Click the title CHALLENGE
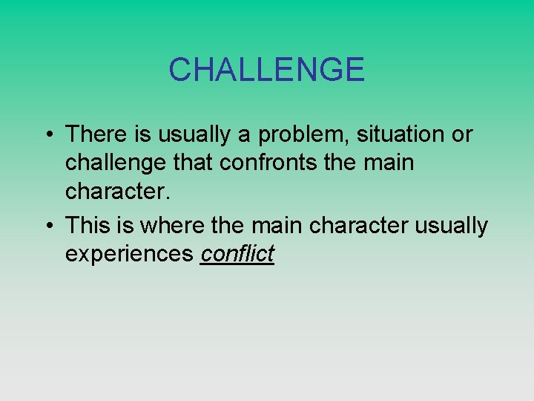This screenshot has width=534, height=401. [266, 70]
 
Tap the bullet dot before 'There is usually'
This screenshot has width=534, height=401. [47, 135]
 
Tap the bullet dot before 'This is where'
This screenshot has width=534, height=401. [47, 226]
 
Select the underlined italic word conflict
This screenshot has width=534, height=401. [237, 254]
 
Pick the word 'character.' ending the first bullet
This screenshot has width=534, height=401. [118, 192]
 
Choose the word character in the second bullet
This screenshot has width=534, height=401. [357, 225]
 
